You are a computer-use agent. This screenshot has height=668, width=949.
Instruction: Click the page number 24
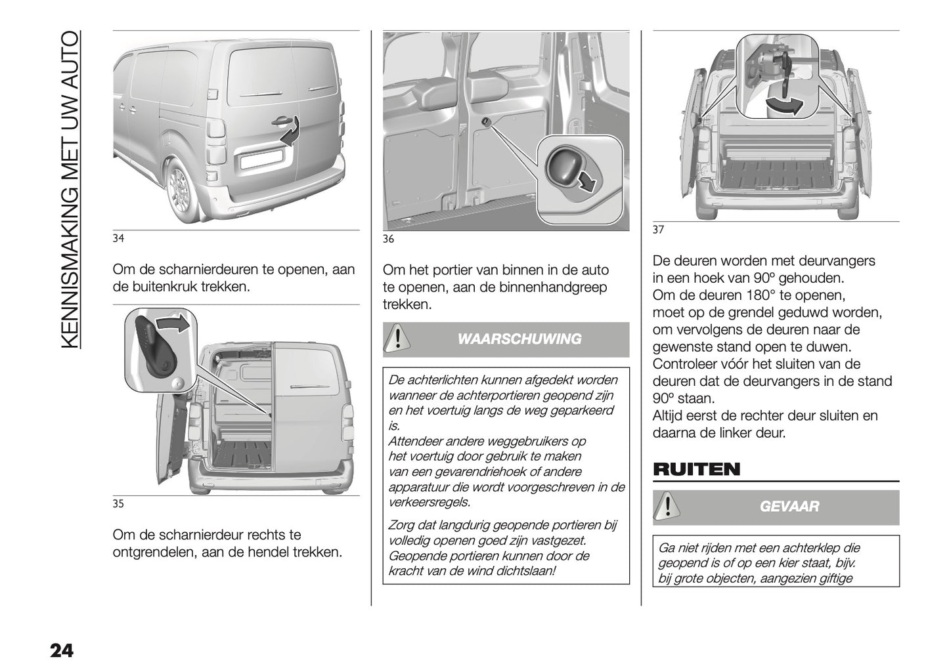(60, 650)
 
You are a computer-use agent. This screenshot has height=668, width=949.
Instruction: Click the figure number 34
(118, 238)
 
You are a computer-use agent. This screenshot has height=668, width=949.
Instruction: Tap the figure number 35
(118, 504)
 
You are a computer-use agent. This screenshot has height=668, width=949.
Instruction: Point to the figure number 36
(388, 239)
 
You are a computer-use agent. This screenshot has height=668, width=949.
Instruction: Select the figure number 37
(658, 230)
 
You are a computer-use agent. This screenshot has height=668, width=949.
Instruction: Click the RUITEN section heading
(696, 469)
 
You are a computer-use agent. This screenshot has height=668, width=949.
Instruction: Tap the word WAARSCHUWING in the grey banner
(519, 339)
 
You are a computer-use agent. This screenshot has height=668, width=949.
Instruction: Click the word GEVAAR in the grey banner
(789, 507)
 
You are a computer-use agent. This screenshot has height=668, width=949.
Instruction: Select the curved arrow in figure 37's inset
(786, 105)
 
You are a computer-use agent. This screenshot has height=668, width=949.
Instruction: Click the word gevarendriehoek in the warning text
(464, 472)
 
